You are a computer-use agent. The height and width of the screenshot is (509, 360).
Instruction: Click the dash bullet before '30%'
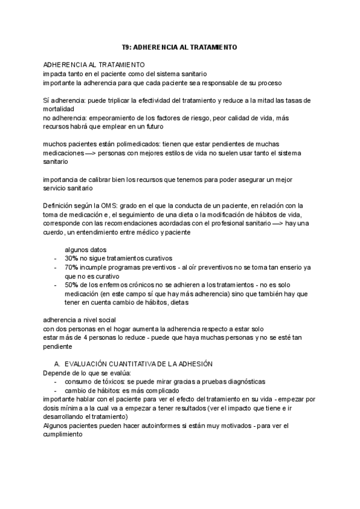point(55,258)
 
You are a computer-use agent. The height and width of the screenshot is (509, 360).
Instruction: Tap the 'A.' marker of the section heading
point(58,364)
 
